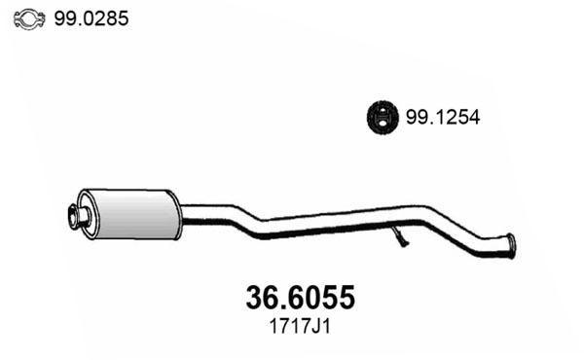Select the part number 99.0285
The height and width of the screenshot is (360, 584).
pos(94,18)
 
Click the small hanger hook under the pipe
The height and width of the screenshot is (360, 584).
pos(402,238)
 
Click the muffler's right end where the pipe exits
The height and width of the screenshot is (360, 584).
pos(178,208)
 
